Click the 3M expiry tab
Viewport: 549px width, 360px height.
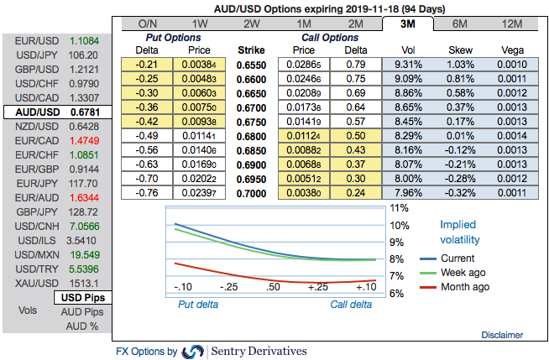point(410,24)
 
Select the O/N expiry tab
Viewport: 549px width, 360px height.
point(147,24)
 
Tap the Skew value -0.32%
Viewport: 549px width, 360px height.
point(460,192)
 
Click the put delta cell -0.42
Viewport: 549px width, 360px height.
point(149,121)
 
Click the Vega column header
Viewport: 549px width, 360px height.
point(513,50)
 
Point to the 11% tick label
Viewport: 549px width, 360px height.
point(399,208)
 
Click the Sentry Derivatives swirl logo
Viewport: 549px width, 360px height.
point(193,351)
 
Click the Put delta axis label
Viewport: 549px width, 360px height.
point(199,305)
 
